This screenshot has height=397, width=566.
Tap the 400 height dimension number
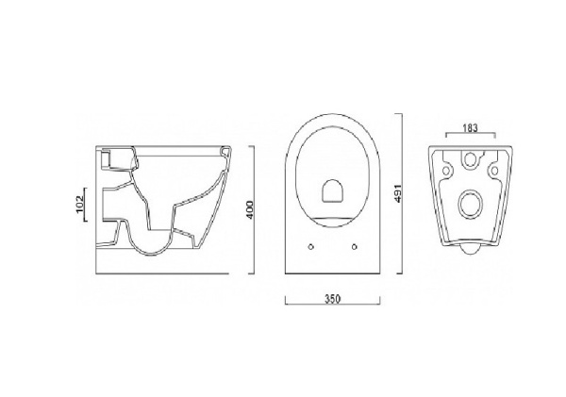[x=247, y=209]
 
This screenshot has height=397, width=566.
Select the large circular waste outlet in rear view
[x=468, y=205]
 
